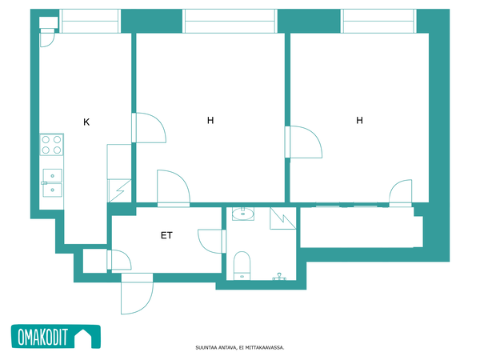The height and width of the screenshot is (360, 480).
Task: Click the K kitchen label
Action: point(86,122)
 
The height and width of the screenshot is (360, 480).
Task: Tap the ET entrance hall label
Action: point(166,235)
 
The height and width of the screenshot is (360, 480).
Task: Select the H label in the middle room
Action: point(210,120)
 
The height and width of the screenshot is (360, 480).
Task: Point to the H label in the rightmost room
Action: point(360,120)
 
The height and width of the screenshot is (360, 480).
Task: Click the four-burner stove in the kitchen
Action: point(51,145)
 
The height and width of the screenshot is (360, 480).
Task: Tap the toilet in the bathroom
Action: point(242,266)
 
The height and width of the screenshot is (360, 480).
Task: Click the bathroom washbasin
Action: point(243,214)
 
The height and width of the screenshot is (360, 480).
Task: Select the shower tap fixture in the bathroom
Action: point(279,277)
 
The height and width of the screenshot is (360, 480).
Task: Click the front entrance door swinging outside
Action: point(137,294)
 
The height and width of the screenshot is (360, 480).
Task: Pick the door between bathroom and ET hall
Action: point(212,242)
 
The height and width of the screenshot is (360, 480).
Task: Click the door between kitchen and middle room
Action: point(149,128)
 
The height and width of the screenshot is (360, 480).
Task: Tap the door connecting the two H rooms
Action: point(303,142)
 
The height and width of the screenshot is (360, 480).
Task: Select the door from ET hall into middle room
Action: point(174,188)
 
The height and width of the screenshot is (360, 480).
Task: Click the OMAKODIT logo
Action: point(56,337)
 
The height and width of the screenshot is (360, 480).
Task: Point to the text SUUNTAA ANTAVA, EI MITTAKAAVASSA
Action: point(240,347)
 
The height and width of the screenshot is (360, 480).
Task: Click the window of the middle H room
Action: point(230,21)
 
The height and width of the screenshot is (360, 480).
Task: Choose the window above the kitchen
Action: point(90,21)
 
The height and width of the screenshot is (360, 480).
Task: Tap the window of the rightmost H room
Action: point(378,21)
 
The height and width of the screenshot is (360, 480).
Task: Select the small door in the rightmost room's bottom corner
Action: point(401,193)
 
